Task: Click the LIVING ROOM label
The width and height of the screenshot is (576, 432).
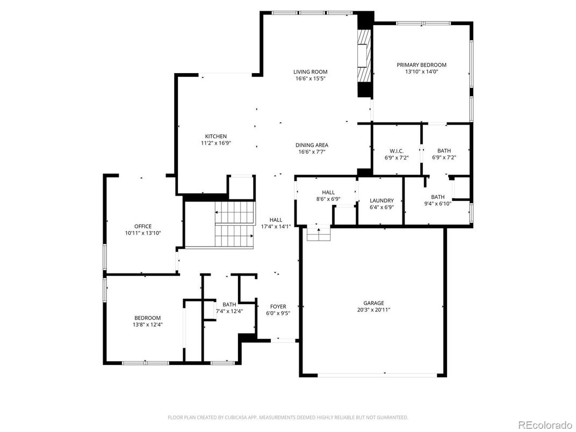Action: tap(310, 72)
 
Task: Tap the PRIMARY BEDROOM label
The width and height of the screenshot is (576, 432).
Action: tap(421, 65)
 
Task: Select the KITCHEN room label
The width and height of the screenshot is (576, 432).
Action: tap(215, 136)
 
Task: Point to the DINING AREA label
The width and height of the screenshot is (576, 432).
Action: tap(312, 145)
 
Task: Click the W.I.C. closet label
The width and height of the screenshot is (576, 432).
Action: tap(396, 151)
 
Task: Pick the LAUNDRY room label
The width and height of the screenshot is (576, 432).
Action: tap(381, 200)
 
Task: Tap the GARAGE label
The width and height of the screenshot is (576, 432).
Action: tap(373, 303)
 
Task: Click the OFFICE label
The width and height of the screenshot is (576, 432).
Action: tap(143, 226)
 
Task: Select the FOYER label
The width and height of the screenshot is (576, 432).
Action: tap(278, 306)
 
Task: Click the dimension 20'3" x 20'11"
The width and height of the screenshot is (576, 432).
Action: tap(373, 310)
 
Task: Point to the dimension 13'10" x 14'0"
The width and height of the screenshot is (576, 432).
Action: tap(421, 72)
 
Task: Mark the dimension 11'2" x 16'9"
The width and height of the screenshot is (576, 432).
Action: tap(215, 143)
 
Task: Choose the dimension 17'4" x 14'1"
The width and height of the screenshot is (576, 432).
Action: tap(276, 227)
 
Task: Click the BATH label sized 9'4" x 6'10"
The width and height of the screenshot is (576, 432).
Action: tap(437, 197)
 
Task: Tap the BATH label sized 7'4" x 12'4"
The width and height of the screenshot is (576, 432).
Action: tap(229, 304)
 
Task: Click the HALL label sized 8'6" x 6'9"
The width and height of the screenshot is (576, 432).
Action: tap(328, 192)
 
